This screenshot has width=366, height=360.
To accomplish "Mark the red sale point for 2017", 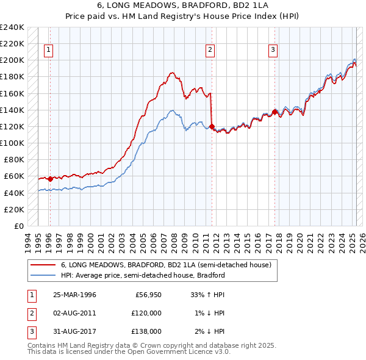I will click(x=275, y=112).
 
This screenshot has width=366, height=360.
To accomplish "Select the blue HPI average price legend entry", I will click(x=143, y=275).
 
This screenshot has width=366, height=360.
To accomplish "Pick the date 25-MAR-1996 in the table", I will click(x=74, y=295).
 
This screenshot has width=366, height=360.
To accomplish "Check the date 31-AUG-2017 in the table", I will click(x=74, y=331).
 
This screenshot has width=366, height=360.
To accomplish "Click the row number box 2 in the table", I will click(x=30, y=313).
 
